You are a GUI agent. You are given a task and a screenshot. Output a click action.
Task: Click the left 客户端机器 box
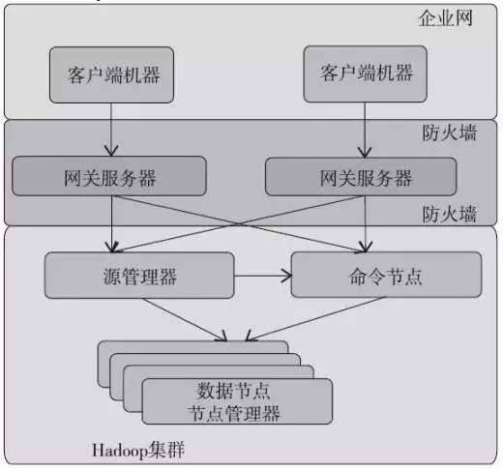point(111,75)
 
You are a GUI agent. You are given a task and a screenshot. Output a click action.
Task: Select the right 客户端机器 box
point(366,73)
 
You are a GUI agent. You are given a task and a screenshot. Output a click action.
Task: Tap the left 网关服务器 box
point(109,176)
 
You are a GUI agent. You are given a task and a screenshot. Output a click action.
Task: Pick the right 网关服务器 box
point(361,177)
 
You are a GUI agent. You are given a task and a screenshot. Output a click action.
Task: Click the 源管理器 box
point(139,276)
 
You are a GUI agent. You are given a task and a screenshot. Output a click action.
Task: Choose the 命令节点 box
point(386,275)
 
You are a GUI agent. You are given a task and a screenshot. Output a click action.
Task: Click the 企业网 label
point(445,18)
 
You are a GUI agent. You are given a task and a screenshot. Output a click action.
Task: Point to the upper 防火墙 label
point(450,132)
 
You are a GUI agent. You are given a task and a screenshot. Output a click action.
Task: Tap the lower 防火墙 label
point(450,214)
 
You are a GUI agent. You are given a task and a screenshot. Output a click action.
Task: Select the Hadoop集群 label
point(138,450)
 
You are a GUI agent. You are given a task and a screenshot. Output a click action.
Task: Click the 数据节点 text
point(233,391)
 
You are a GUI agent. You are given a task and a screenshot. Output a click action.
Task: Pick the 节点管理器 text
point(234,413)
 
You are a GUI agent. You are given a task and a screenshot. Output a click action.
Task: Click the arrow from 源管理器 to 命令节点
point(263,276)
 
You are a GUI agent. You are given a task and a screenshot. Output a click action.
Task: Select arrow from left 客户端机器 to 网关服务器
point(111,130)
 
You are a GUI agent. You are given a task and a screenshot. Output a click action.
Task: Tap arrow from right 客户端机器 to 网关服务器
point(365,131)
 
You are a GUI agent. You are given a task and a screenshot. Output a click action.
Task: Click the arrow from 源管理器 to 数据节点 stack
point(185,320)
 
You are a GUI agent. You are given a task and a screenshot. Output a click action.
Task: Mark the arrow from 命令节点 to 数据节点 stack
point(315,319)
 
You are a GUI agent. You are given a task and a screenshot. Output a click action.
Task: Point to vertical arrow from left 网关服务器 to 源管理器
point(111,224)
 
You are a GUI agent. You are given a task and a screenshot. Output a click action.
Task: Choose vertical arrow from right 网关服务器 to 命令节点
point(365,224)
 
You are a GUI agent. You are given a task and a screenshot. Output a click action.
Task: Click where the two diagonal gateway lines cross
point(239,223)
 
